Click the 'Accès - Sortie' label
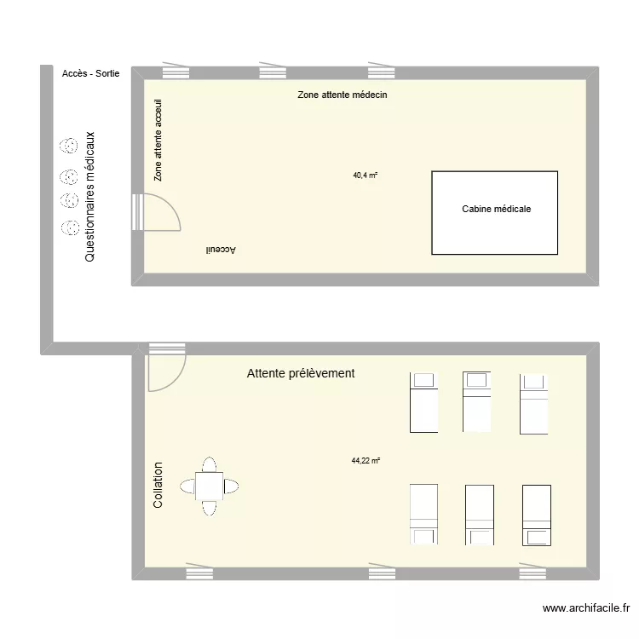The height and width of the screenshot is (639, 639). coord(90,74)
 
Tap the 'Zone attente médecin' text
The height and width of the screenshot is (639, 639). coord(343,95)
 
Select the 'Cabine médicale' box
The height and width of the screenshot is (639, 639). coord(495,213)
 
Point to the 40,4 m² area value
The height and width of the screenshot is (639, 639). coord(365,176)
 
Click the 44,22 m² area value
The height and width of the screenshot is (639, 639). coord(366,461)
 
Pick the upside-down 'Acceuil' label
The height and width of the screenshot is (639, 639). coord(220,250)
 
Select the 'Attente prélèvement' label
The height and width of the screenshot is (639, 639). coord(300,373)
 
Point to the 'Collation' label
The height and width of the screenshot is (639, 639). coord(158,486)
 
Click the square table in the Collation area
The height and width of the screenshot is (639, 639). coord(210,486)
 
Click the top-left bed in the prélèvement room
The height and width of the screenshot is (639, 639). coord(423,401)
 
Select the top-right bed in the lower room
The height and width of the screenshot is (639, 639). coord(534,401)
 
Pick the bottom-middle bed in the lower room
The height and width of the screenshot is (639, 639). coord(479,514)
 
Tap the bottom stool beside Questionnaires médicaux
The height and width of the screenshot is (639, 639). coord(66,227)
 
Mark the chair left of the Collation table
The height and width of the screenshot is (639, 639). coord(187,486)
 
